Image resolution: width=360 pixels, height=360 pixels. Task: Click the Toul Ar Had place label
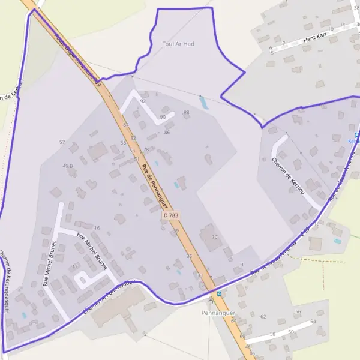coord(179,44)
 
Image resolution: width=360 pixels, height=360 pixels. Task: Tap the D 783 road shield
coord(171,214)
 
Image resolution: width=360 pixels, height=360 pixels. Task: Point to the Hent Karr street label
coord(314,38)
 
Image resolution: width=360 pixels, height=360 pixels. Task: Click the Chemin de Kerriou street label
coord(289,176)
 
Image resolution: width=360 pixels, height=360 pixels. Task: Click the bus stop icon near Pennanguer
coord(218,293)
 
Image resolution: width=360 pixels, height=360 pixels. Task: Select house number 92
coord(143,101)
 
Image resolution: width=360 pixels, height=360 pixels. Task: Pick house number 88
coord(186,112)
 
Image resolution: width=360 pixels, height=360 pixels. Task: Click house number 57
coord(62,142)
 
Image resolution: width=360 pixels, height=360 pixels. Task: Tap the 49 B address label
coord(67,166)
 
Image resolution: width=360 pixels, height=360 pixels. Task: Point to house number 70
coord(215,238)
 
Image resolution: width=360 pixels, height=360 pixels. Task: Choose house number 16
coord(97,228)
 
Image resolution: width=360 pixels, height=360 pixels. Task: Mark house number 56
coord(298,311)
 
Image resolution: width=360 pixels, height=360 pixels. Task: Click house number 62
coord(263,316)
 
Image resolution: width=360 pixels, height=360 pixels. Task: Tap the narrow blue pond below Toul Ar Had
coord(203,103)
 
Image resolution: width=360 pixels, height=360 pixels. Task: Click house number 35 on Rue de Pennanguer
coord(189,256)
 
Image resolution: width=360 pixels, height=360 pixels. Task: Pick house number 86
coord(167,132)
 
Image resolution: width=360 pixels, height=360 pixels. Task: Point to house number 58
coord(272,334)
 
